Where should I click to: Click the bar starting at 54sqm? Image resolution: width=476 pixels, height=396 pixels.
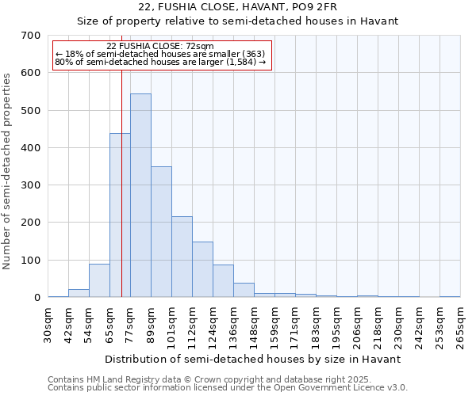[x=99, y=280]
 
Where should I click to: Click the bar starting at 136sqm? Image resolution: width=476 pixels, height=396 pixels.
[x=244, y=290]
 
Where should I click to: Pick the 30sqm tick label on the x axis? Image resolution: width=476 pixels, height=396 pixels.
[x=48, y=326]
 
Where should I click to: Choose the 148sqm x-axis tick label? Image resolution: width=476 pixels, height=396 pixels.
[x=255, y=326]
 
